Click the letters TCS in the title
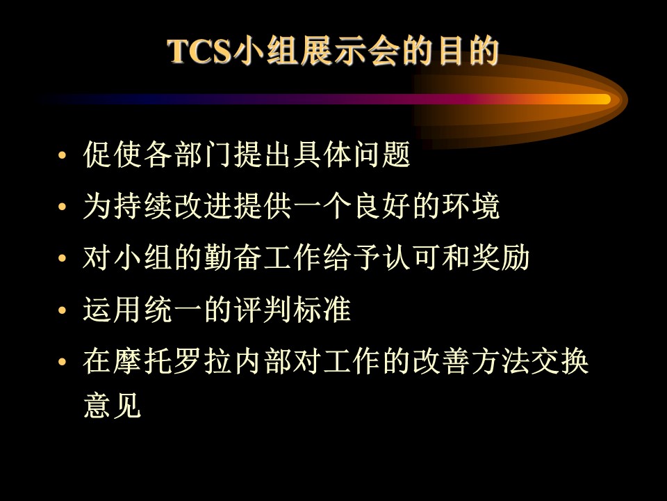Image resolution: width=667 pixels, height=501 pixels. point(199,51)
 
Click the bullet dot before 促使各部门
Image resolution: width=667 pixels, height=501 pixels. point(63,155)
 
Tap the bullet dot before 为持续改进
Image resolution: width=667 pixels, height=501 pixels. point(63,207)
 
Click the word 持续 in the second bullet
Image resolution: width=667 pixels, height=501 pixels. point(142,206)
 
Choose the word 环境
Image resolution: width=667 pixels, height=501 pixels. point(471,206)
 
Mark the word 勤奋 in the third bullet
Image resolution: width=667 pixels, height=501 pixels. point(232,257)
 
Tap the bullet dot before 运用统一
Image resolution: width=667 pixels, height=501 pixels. point(63,310)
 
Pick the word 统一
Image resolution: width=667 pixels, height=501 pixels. point(172,309)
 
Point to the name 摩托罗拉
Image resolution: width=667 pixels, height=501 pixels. point(172,361)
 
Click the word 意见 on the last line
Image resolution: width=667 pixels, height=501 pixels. point(113,405)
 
